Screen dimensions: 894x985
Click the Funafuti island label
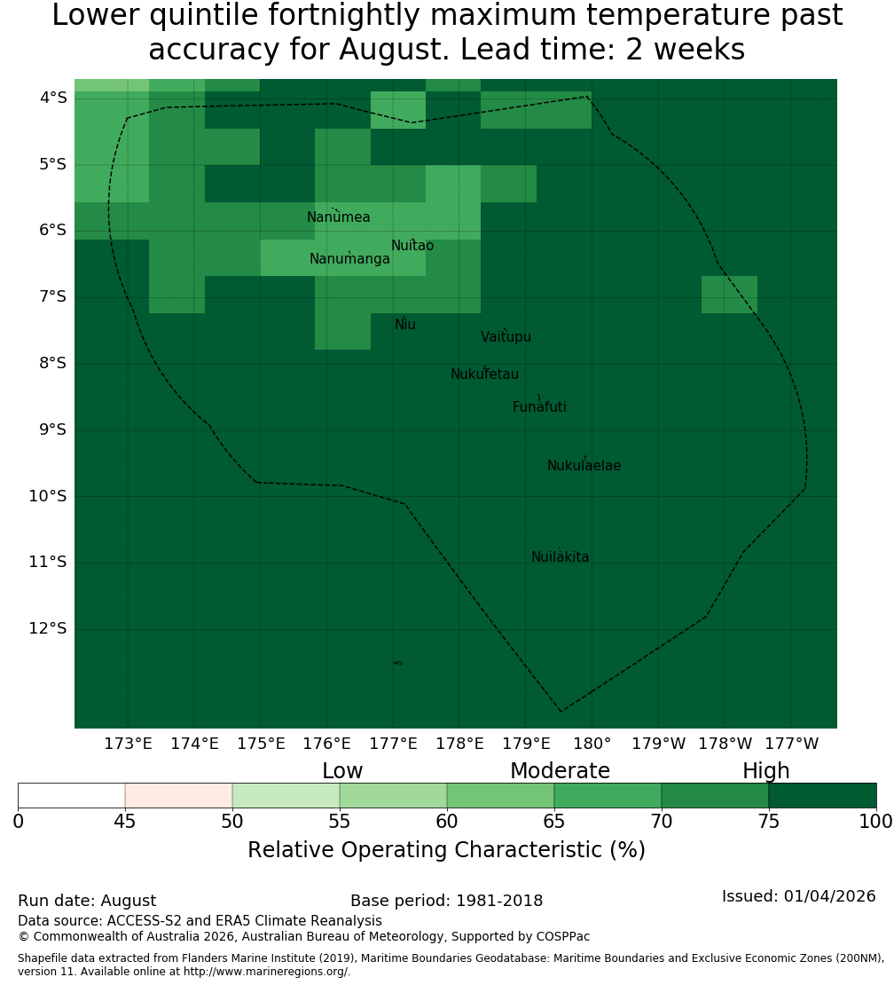point(539,407)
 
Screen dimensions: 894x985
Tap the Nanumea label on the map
point(339,217)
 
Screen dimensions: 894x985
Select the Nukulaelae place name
point(584,466)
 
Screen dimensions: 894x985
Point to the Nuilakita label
point(560,557)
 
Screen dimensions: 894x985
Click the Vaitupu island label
point(506,337)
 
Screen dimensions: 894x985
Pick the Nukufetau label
point(484,374)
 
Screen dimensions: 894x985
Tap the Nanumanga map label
point(349,259)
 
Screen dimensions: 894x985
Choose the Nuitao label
point(412,246)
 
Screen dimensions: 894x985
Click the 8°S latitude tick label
point(52,364)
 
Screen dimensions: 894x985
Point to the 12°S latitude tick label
point(48,629)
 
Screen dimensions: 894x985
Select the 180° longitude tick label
point(592,744)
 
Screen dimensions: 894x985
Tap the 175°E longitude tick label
point(261,744)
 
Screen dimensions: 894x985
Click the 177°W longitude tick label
point(792,744)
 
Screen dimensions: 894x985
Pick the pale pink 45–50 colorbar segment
point(179,795)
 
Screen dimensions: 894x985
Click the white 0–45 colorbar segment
point(72,795)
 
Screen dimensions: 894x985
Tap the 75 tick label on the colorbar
point(768,822)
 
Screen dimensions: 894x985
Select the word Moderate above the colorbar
point(560,771)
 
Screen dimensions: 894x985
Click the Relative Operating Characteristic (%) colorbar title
point(446,850)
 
